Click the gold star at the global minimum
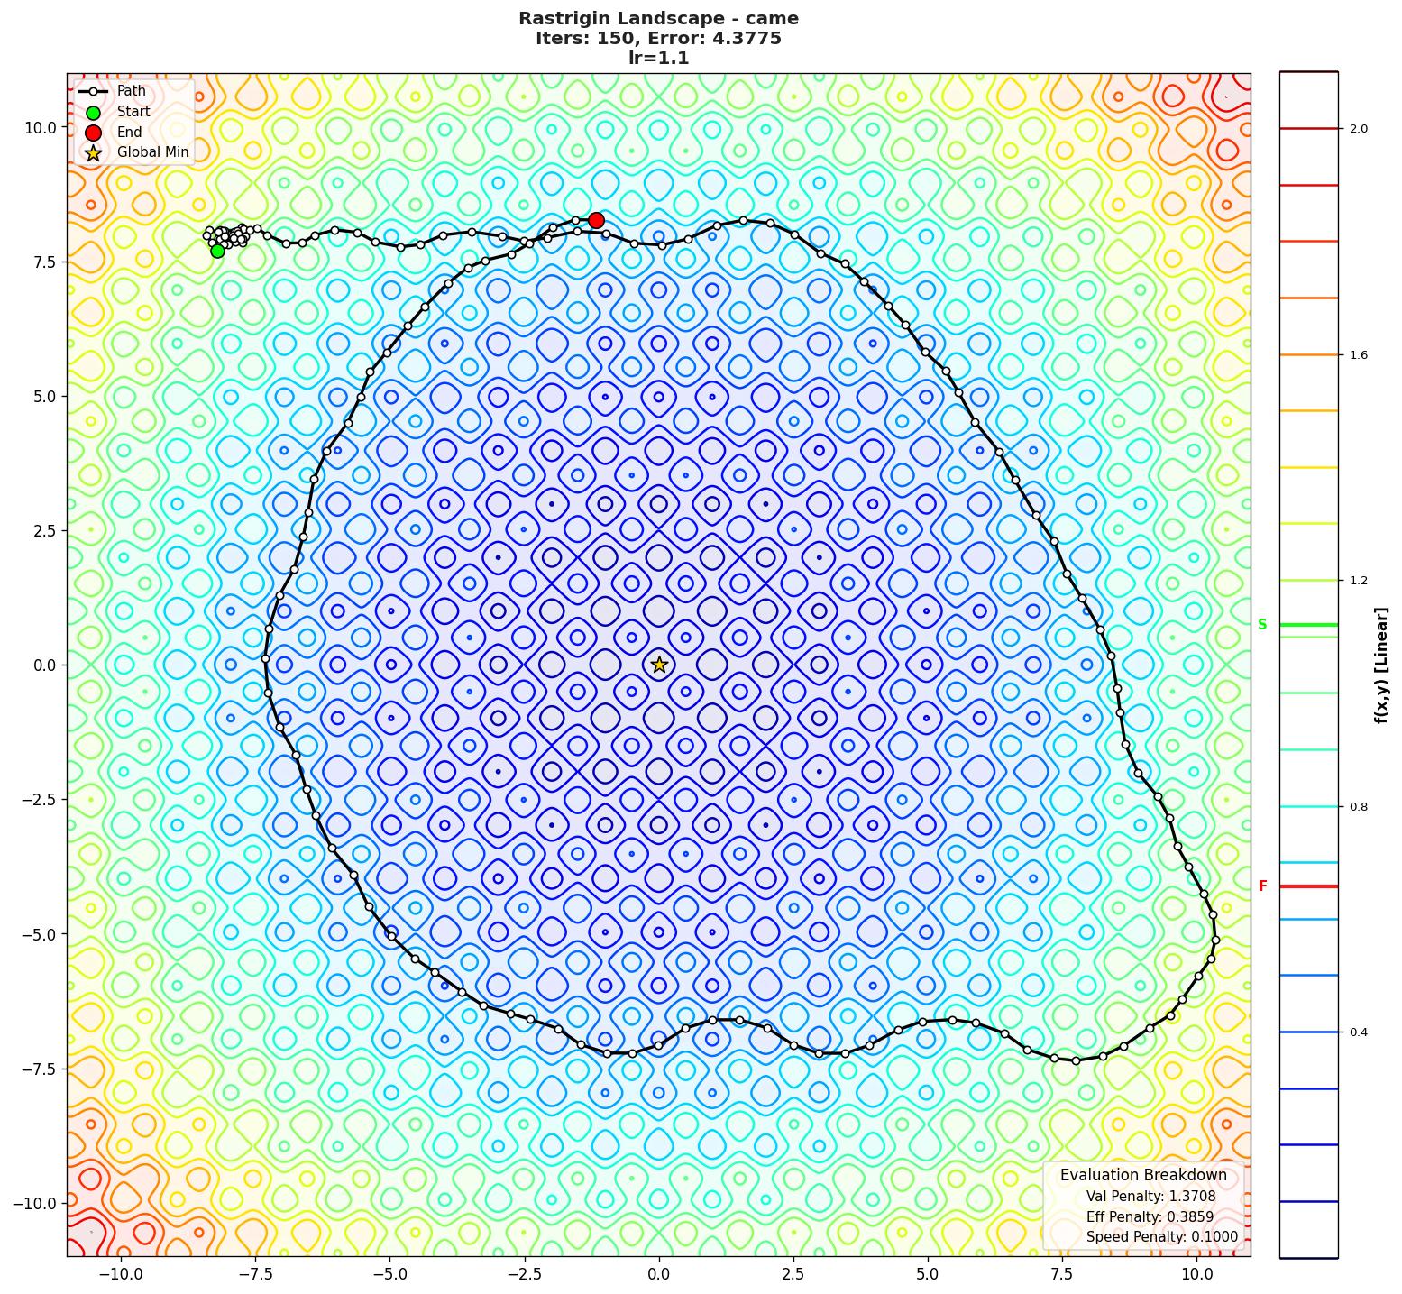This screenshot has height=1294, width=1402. click(659, 665)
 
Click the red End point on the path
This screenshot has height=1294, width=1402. click(596, 220)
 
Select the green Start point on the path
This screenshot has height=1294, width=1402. click(217, 251)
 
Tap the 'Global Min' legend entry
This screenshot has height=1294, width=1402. click(152, 152)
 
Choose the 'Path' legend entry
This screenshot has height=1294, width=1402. click(131, 91)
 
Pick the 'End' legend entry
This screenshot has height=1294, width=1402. click(129, 132)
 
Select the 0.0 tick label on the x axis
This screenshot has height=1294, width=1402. click(659, 1274)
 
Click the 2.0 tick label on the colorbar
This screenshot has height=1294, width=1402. click(1358, 129)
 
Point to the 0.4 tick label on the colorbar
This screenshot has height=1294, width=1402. click(1358, 1032)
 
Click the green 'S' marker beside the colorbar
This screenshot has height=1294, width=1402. click(1262, 625)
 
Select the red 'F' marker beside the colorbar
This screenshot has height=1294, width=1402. click(1262, 886)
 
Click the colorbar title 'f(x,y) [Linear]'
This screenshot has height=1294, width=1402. click(1381, 665)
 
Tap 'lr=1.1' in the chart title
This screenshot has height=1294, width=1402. click(658, 58)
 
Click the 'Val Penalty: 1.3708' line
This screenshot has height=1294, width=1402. click(1150, 1197)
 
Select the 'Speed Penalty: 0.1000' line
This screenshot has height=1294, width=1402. click(1161, 1237)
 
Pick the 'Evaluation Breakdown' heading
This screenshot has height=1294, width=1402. click(1143, 1175)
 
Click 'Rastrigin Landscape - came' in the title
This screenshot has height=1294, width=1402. click(658, 18)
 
